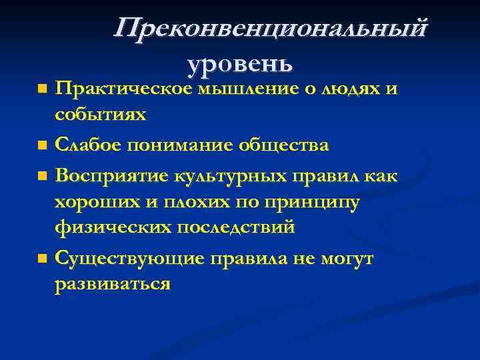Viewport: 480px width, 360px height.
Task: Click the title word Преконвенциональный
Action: pyautogui.click(x=270, y=30)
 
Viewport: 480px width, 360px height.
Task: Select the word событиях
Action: pyautogui.click(x=101, y=114)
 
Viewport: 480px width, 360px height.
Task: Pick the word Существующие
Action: pyautogui.click(x=128, y=257)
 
